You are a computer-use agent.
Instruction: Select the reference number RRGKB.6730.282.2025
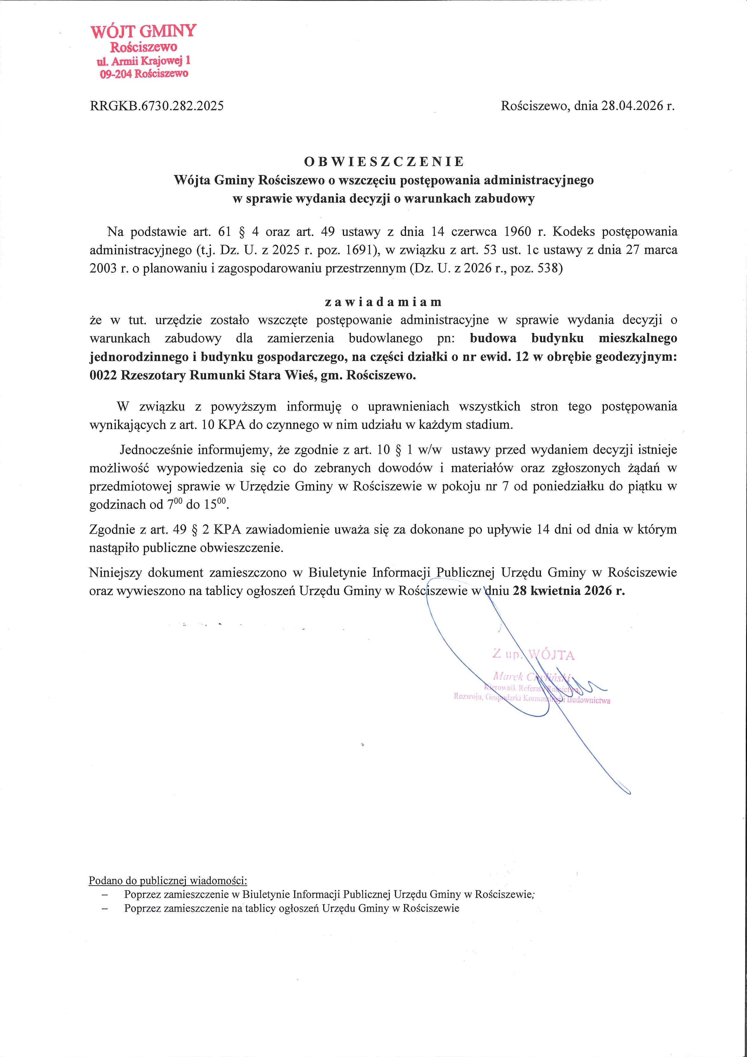157,106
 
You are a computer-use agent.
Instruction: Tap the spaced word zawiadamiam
383,302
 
